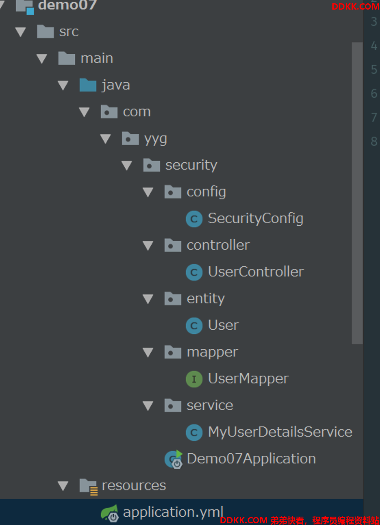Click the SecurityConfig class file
tap(255, 218)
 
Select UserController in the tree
tap(256, 272)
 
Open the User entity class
tap(223, 325)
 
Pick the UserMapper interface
tap(248, 379)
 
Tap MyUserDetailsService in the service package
tap(280, 432)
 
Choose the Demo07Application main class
tap(251, 459)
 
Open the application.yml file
tap(173, 512)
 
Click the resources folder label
tap(134, 485)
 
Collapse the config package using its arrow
tap(148, 192)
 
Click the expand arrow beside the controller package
tap(148, 245)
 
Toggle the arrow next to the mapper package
tap(148, 352)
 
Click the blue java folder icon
tap(88, 85)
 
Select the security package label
tap(191, 165)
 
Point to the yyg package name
tap(155, 139)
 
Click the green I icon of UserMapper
tap(194, 379)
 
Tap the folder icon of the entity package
tap(172, 299)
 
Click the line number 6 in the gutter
tap(374, 93)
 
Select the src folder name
tap(69, 32)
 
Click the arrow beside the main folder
tap(42, 58)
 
